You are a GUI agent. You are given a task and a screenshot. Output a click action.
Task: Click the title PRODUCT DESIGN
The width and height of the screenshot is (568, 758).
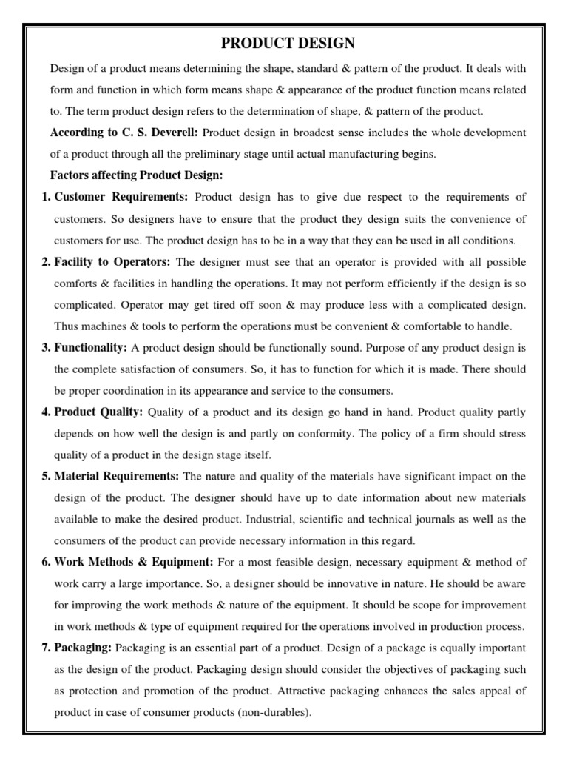coord(283,44)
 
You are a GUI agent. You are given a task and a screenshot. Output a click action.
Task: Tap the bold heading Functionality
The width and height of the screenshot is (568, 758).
coord(91,347)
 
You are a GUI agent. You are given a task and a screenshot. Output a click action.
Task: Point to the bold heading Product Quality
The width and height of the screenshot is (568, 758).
coord(99,412)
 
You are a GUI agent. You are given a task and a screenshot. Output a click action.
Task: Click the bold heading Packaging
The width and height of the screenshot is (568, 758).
coord(83,648)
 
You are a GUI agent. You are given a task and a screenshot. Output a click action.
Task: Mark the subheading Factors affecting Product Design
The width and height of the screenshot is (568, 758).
coord(136,175)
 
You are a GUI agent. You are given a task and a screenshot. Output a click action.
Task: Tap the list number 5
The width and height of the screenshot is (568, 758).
coord(46,476)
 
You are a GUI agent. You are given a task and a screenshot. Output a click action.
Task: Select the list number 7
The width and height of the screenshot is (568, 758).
coord(46,648)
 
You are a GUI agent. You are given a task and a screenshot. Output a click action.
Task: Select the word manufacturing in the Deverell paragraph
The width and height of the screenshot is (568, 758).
coord(370,154)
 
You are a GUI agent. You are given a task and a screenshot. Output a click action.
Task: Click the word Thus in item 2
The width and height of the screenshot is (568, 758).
coord(67,326)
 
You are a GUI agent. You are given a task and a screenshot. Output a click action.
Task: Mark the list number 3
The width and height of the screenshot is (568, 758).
coord(46,347)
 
